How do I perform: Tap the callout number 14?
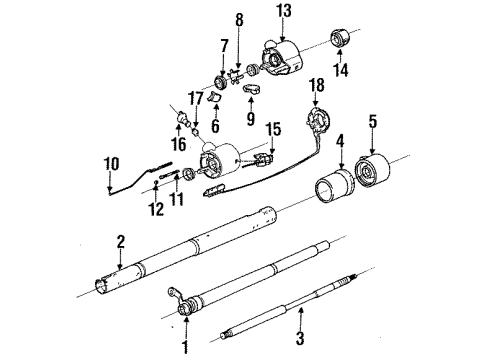(340, 71)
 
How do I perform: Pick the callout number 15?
(274, 129)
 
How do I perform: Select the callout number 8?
(239, 19)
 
